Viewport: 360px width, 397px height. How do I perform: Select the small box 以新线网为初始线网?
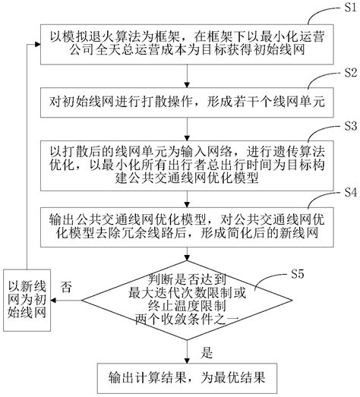pyautogui.click(x=29, y=301)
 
